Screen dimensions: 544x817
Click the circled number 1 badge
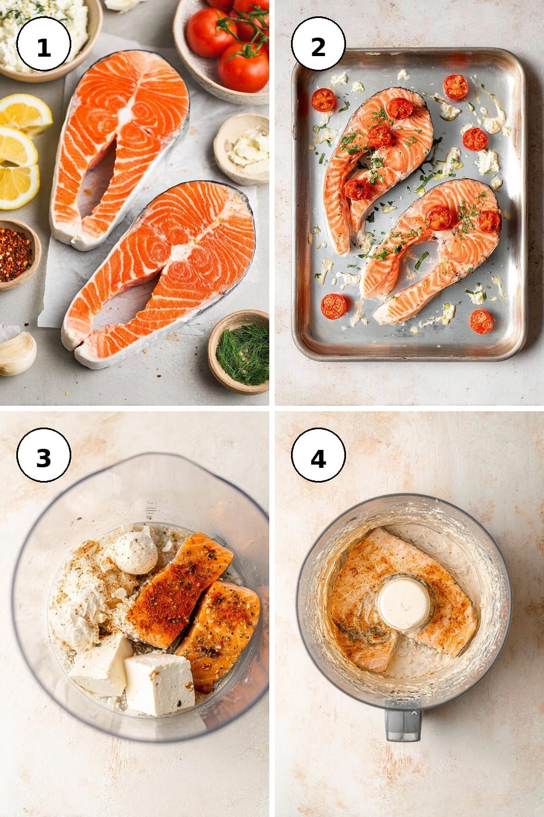pyautogui.click(x=44, y=44)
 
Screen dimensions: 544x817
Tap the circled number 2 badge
pyautogui.click(x=318, y=44)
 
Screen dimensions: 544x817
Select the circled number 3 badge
pyautogui.click(x=44, y=455)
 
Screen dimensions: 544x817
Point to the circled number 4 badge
pyautogui.click(x=318, y=455)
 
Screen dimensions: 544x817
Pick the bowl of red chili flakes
pyautogui.click(x=17, y=254)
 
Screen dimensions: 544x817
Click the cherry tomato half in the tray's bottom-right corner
pyautogui.click(x=481, y=322)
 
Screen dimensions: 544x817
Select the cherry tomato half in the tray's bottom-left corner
pyautogui.click(x=334, y=306)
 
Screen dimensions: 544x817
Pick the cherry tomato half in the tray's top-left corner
pyautogui.click(x=324, y=100)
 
